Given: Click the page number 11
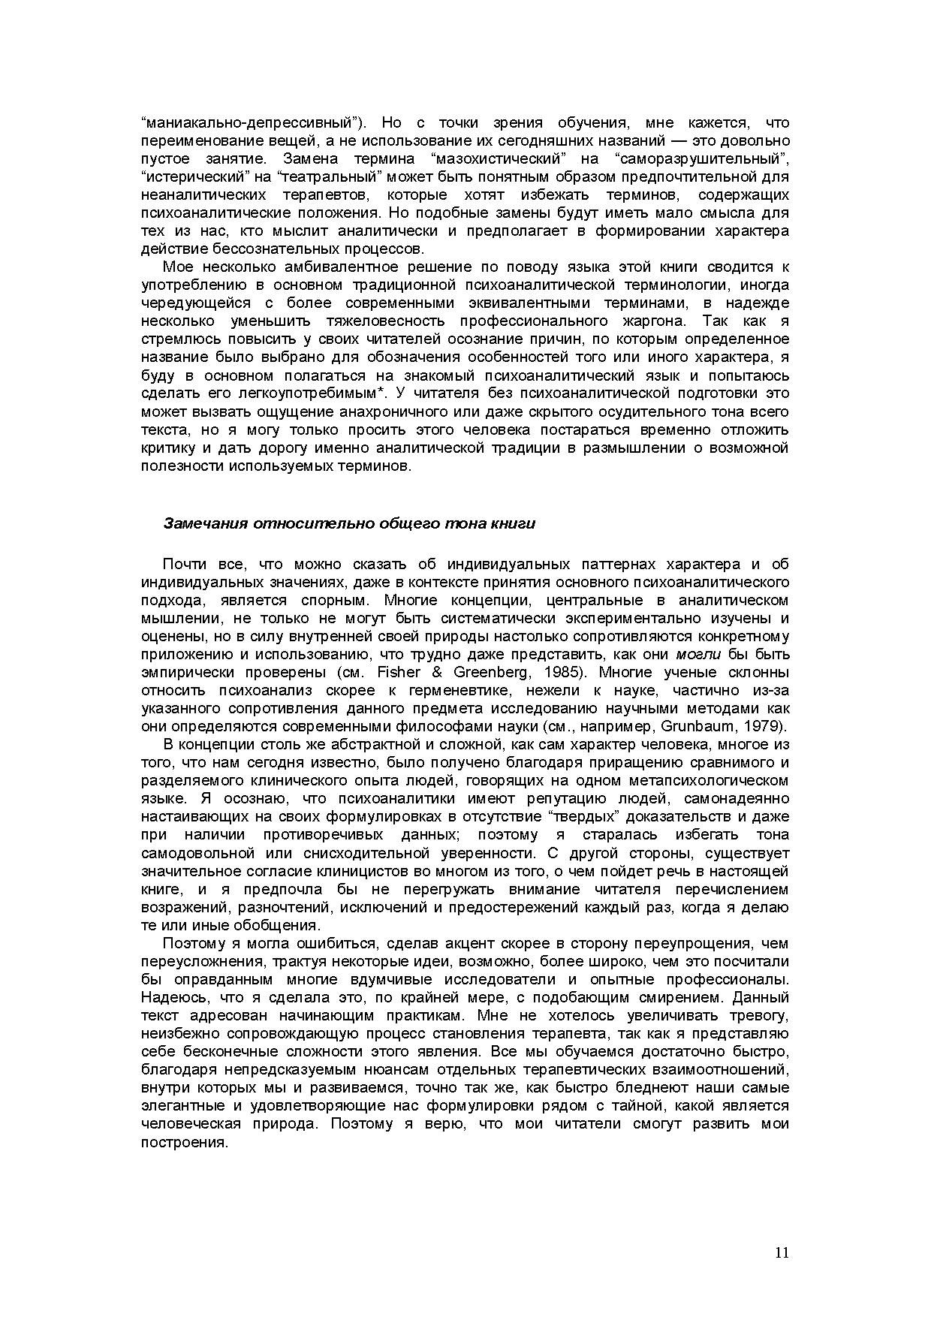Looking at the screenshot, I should pos(782,1253).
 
